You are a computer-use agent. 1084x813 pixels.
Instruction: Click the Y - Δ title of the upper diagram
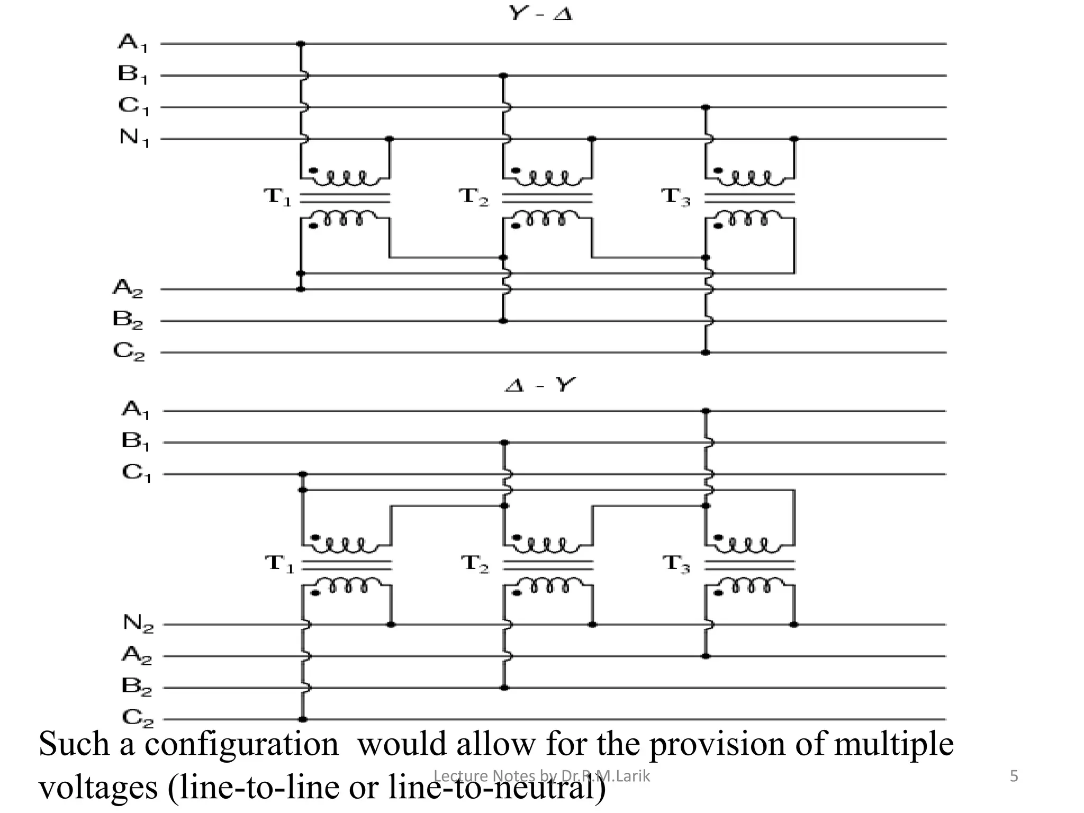540,13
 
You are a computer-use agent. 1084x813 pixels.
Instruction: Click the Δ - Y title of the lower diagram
539,385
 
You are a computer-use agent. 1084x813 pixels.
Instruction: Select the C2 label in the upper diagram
129,351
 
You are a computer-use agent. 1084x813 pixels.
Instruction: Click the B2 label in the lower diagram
137,686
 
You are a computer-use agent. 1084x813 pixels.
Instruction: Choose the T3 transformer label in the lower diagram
676,564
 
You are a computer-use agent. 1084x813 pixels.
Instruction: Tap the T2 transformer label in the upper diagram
474,197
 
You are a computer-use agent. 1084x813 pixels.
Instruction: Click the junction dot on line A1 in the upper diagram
301,44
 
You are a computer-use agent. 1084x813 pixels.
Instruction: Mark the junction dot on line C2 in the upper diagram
706,353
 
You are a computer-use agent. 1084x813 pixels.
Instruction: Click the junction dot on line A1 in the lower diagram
706,411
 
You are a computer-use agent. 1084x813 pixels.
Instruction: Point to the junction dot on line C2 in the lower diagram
303,719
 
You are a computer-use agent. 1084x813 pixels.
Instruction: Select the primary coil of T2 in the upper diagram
548,178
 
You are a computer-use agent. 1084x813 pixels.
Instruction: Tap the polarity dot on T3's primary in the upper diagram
719,170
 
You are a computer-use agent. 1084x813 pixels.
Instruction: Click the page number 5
1014,776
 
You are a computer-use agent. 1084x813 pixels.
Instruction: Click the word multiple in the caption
893,744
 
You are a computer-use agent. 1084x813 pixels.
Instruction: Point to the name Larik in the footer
631,776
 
